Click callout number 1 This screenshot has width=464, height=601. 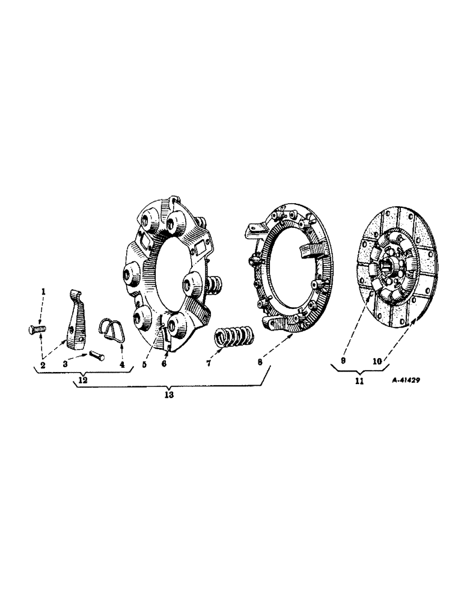click(x=43, y=291)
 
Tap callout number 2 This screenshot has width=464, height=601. click(x=43, y=365)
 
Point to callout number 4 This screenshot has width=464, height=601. click(x=122, y=365)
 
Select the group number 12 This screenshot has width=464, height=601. click(x=82, y=381)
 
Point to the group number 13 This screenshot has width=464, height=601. click(x=169, y=395)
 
